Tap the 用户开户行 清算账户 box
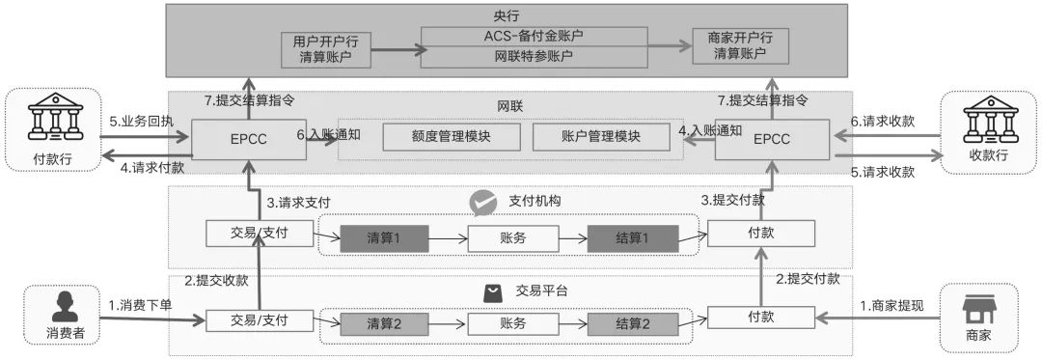coord(326,47)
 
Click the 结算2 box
coord(632,324)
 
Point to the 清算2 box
coord(383,324)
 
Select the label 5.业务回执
coord(143,123)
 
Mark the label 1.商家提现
coord(891,305)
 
